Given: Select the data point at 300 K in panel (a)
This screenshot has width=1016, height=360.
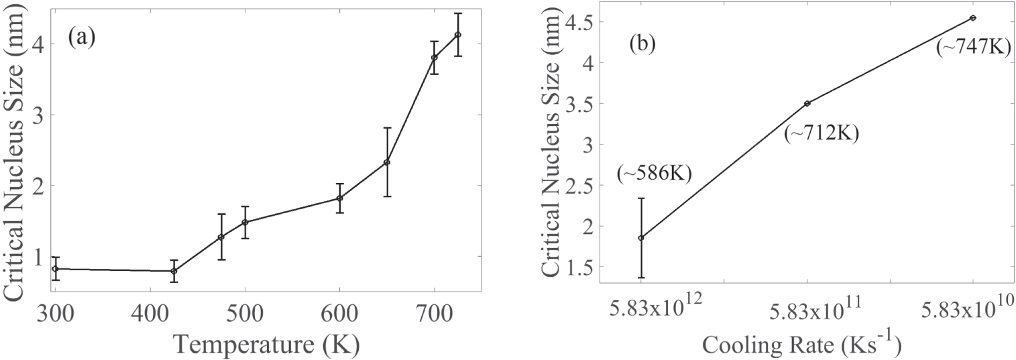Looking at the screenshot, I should [x=56, y=268].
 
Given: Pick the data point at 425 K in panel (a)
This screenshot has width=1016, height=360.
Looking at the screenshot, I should [x=174, y=271].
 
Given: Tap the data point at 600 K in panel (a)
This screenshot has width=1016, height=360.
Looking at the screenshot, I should [x=340, y=198].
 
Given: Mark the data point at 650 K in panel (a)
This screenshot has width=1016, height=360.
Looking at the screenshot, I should [x=387, y=162].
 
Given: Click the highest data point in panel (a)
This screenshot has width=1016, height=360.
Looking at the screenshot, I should [x=458, y=35].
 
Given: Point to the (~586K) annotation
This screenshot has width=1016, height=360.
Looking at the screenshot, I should [x=655, y=174].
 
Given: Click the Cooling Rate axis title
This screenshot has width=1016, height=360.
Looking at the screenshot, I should [x=800, y=346].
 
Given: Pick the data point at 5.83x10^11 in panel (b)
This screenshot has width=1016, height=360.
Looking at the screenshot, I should [x=807, y=103].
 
